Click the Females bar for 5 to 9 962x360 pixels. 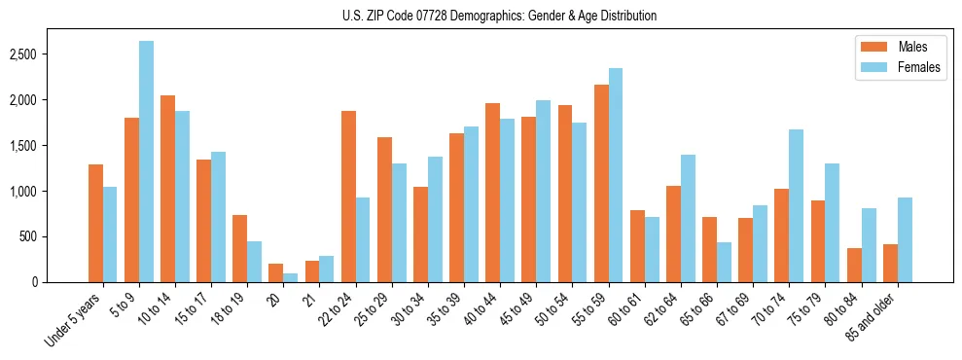(x=146, y=162)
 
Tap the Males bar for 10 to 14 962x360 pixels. (x=167, y=189)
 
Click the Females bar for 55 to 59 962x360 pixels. (x=616, y=175)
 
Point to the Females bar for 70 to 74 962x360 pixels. (x=796, y=205)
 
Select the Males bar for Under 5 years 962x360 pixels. (x=95, y=223)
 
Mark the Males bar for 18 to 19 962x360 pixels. (x=239, y=248)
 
